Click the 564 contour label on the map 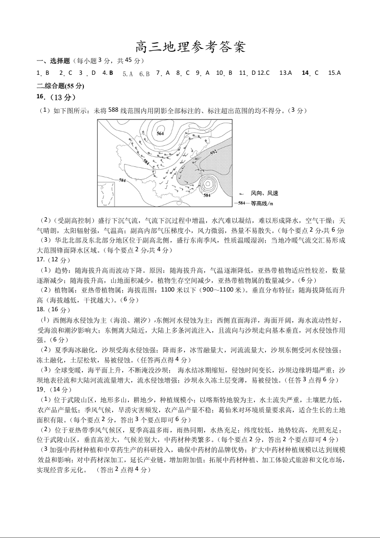pos(160,133)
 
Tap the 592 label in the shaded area pos(214,152)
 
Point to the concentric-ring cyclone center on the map pos(207,184)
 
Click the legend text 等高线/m pos(262,203)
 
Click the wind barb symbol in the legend pos(241,193)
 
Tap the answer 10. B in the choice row pos(224,73)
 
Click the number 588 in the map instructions pos(113,111)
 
